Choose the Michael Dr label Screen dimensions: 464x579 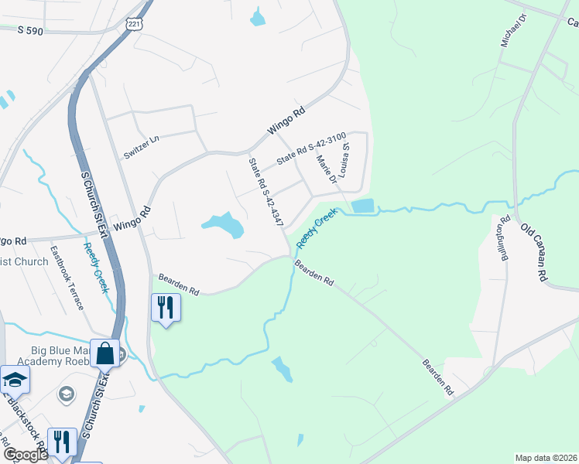[512, 31]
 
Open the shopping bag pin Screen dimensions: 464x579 [105, 353]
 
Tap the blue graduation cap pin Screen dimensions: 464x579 [14, 379]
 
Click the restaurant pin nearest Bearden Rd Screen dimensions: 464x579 [166, 307]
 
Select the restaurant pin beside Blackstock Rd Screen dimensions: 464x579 [61, 442]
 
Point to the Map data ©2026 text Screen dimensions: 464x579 [546, 458]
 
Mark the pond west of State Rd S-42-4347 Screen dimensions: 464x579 [224, 225]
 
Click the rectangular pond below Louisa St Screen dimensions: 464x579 [361, 206]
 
